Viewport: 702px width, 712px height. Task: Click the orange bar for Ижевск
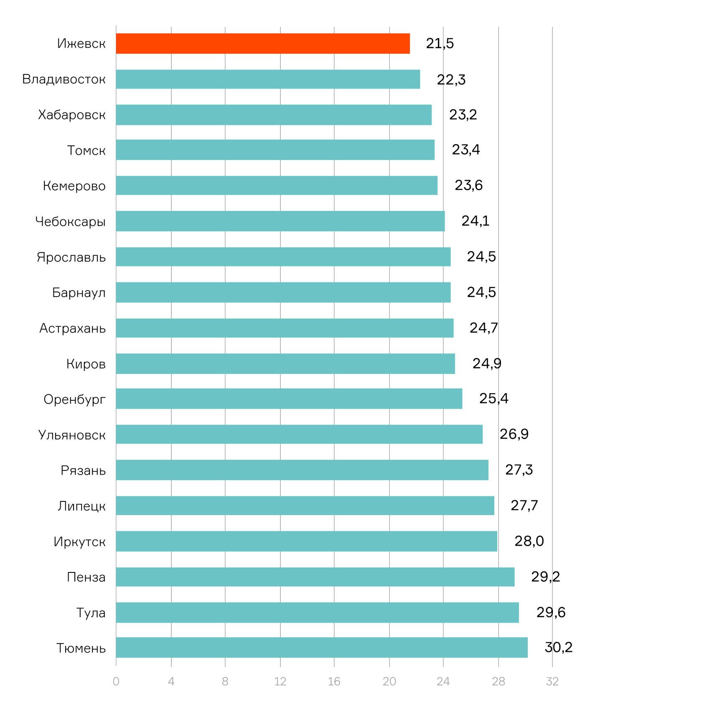(263, 43)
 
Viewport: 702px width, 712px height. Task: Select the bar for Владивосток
(268, 79)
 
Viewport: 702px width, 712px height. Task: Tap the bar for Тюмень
(322, 648)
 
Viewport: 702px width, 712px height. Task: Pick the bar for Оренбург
(289, 399)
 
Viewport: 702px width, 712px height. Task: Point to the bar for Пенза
(315, 577)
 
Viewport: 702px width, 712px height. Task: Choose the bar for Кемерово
(277, 186)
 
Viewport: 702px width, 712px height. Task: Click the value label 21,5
(440, 43)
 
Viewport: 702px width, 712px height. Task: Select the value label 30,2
(558, 647)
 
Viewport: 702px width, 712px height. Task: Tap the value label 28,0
(529, 541)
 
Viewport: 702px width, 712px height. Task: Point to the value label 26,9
(514, 434)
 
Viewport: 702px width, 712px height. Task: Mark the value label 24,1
(475, 221)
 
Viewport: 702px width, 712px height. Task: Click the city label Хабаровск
(72, 115)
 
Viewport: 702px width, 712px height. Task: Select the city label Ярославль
(71, 257)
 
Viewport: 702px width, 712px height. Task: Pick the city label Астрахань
(72, 328)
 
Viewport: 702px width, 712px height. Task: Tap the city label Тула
(91, 613)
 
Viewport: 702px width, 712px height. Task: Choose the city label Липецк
(81, 506)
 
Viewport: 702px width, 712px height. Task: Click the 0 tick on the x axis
(116, 682)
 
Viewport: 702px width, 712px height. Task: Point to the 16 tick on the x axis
(334, 682)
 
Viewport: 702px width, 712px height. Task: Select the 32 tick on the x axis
(552, 682)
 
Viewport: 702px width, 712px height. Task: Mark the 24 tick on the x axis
(443, 682)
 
